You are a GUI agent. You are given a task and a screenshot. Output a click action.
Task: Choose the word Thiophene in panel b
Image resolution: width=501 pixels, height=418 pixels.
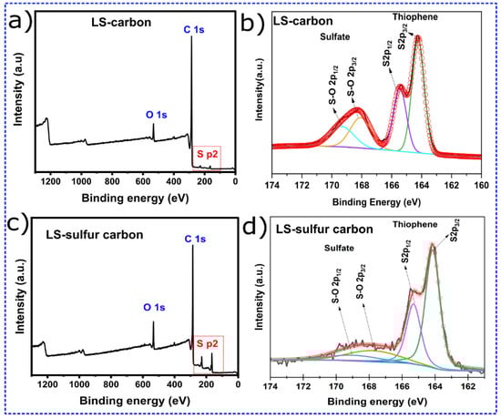(412, 16)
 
